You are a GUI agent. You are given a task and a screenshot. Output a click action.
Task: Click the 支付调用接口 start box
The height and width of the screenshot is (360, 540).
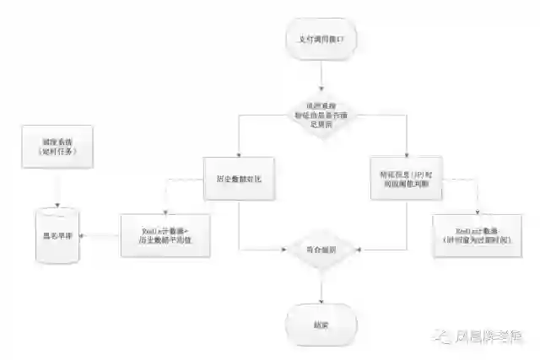pyautogui.click(x=321, y=40)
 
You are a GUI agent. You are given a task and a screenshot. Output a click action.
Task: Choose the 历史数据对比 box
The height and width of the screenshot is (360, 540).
pyautogui.click(x=240, y=179)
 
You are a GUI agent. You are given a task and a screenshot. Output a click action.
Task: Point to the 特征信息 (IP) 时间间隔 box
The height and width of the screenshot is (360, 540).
pyautogui.click(x=405, y=178)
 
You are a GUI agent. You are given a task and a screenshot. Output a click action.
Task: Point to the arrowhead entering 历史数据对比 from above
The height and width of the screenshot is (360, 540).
pyautogui.click(x=240, y=154)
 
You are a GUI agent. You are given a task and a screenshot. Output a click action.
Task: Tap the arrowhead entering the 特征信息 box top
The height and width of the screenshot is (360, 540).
pyautogui.click(x=406, y=154)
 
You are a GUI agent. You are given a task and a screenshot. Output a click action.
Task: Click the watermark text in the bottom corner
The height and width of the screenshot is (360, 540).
pyautogui.click(x=491, y=336)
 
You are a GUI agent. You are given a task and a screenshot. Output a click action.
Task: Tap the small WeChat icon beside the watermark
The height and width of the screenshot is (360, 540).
pyautogui.click(x=442, y=336)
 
